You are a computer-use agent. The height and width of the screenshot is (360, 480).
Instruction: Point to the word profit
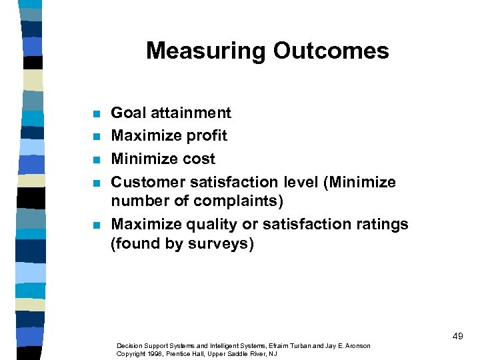pos(206,137)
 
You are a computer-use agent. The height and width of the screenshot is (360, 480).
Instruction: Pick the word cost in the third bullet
pos(198,159)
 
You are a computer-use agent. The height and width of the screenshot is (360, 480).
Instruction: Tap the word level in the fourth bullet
pos(296,182)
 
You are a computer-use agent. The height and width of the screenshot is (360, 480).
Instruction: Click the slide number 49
pos(457,337)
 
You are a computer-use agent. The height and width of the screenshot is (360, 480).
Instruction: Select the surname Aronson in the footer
pos(356,346)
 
